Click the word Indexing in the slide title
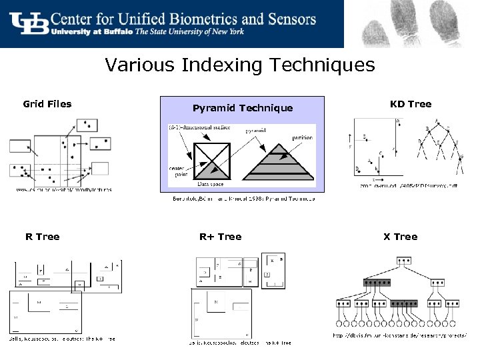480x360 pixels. (212, 65)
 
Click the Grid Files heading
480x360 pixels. (47, 104)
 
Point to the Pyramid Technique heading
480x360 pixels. (242, 108)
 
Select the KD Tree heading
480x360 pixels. (411, 104)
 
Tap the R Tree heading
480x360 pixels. (43, 237)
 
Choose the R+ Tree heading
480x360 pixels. (220, 237)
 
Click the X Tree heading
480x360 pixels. (400, 237)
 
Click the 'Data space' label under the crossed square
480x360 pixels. (211, 184)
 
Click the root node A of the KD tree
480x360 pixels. (437, 122)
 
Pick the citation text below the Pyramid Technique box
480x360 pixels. (243, 199)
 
